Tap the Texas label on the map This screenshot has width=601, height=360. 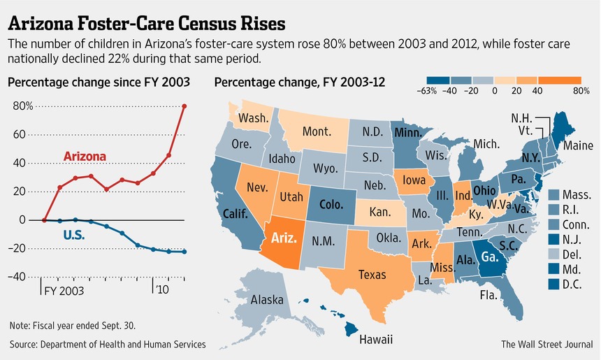(372, 275)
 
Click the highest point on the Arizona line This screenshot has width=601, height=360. (184, 106)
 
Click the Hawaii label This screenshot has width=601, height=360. (376, 340)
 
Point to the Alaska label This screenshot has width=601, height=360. (267, 300)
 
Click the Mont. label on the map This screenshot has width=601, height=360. (316, 131)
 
